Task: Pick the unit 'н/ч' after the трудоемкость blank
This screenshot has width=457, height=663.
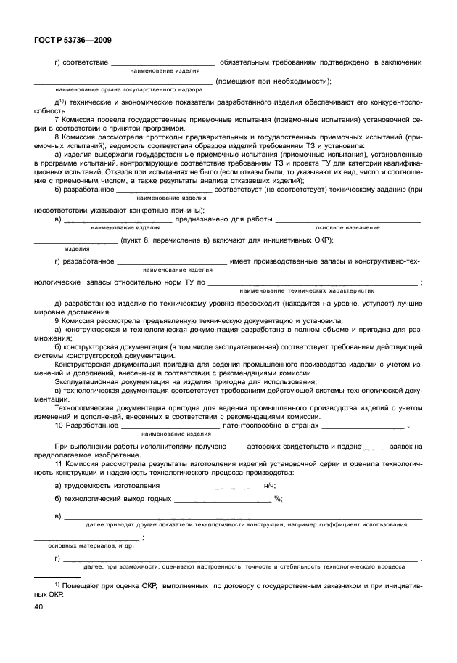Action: (x=269, y=485)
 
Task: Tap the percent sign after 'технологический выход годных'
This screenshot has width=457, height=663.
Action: (x=277, y=499)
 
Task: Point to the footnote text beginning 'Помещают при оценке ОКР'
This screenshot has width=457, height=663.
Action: (x=239, y=584)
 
